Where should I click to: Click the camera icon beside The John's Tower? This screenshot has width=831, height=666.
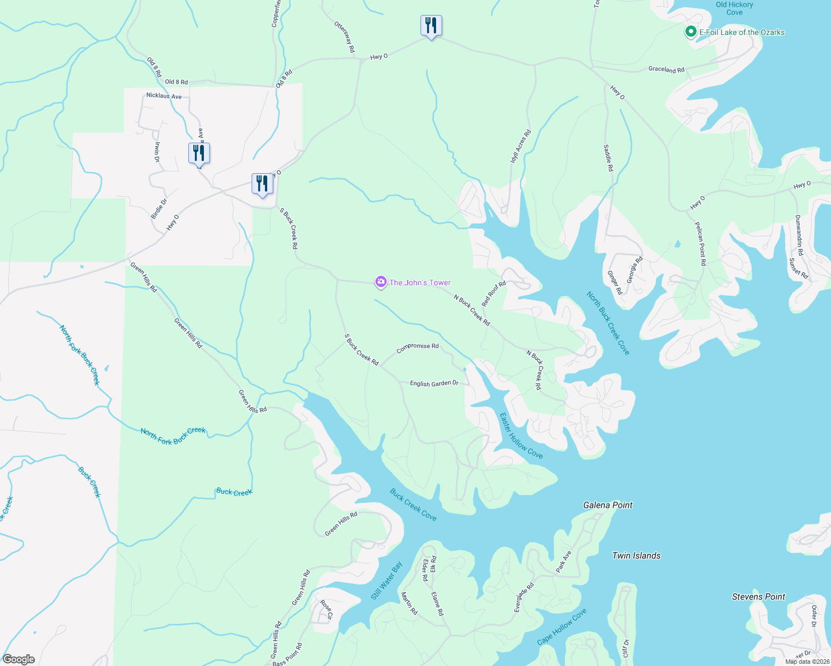tap(381, 282)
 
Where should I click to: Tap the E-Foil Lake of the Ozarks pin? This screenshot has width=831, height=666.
tap(690, 32)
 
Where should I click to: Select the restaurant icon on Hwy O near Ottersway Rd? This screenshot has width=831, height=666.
tap(430, 26)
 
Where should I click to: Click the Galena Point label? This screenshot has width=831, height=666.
tap(608, 505)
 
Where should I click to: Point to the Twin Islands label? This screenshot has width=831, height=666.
tap(636, 556)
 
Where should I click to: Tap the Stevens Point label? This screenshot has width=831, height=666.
tap(758, 597)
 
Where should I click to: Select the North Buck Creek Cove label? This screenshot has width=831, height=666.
tap(608, 323)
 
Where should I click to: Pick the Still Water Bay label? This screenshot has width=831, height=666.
tap(387, 581)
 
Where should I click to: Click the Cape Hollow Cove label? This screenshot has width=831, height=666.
tap(562, 627)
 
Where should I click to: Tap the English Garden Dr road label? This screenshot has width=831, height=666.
tap(434, 384)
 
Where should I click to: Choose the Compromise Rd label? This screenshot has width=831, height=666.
tap(417, 348)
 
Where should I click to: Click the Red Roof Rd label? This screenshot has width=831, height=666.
tap(494, 294)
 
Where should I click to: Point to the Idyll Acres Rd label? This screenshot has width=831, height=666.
tap(520, 146)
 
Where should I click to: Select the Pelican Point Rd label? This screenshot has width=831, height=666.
tap(700, 243)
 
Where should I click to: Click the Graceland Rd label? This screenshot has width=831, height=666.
tap(666, 70)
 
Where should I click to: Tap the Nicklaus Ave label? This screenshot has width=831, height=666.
tap(164, 96)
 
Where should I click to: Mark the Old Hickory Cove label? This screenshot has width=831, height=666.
tap(734, 8)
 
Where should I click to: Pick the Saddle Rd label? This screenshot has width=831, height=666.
tap(608, 158)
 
